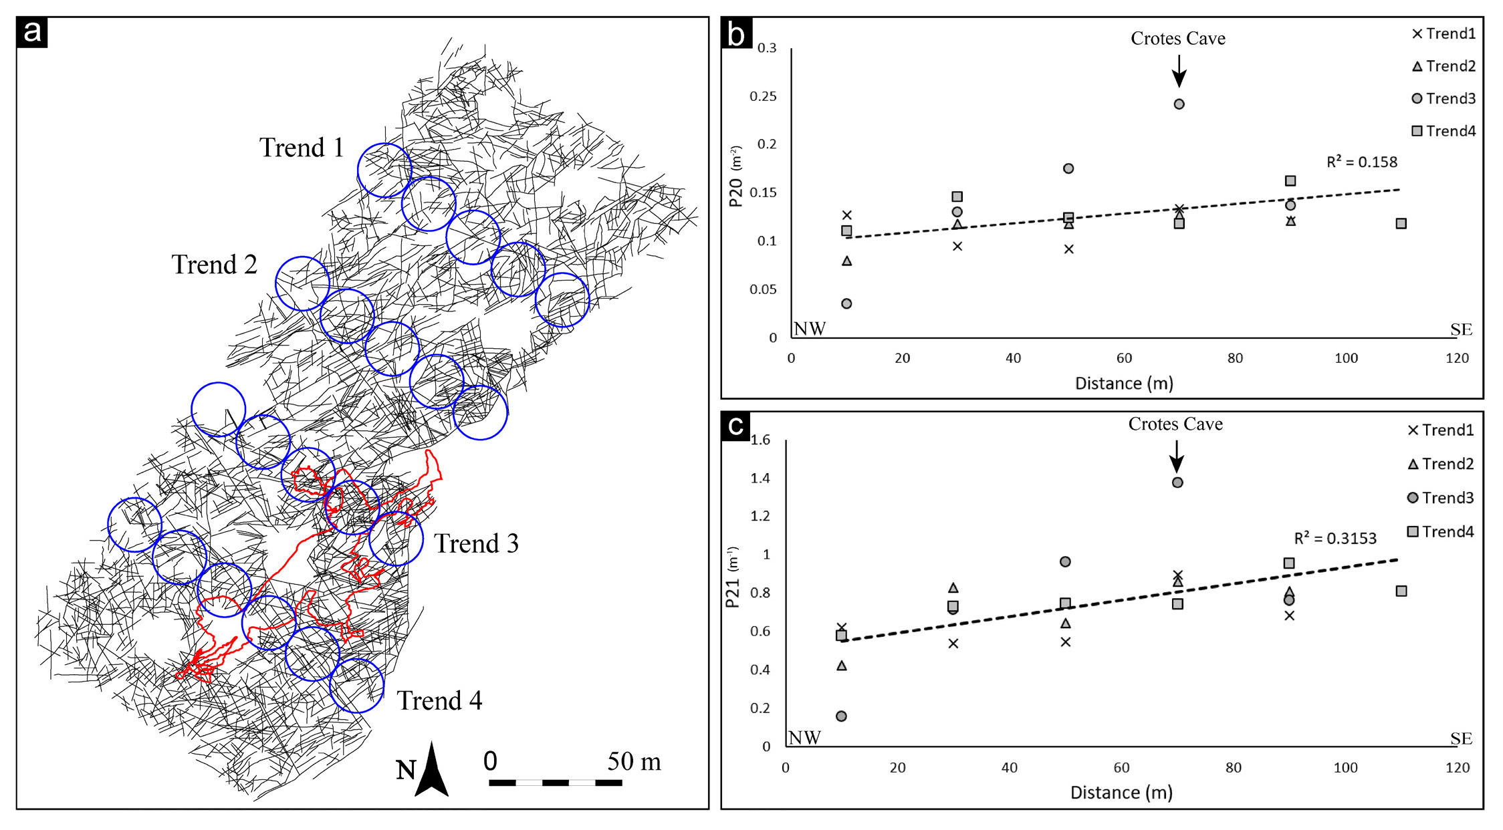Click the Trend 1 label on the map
pos(302,148)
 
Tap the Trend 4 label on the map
pos(439,700)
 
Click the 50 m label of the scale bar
pos(633,761)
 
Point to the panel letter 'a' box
pos(32,32)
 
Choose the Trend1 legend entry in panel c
pos(1440,430)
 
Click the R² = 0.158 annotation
pos(1361,162)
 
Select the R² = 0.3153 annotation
pos(1335,538)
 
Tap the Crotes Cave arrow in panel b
pos(1179,70)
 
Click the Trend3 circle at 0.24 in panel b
pos(1179,104)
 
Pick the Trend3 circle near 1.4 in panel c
pos(1177,482)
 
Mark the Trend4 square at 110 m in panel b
pos(1401,223)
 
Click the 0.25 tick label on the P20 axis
pos(763,96)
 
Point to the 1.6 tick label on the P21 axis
pos(760,440)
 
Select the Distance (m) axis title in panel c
pos(1121,793)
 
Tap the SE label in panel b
pos(1461,329)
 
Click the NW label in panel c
pos(804,737)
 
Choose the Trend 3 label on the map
pos(476,543)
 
